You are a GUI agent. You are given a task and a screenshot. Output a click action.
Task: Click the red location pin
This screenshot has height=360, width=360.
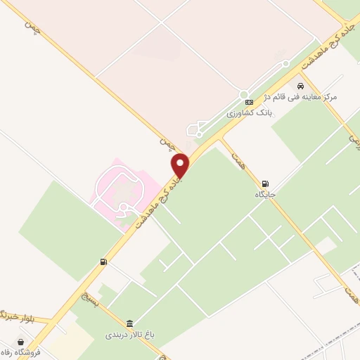click(x=181, y=166)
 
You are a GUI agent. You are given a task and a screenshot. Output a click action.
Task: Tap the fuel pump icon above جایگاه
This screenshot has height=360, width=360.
click(x=265, y=183)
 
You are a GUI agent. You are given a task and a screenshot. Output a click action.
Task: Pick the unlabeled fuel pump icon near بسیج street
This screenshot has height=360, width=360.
click(x=104, y=262)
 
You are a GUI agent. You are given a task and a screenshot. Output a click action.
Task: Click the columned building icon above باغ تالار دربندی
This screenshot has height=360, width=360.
click(x=129, y=323)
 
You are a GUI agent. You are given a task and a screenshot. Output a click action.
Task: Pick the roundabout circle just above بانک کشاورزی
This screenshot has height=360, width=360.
click(x=244, y=95)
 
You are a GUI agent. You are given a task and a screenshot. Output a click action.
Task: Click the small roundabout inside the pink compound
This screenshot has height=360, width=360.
click(x=124, y=207)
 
